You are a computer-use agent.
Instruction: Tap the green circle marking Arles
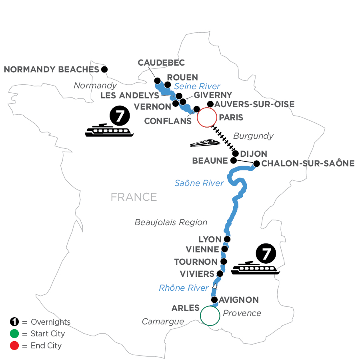pos(210,316)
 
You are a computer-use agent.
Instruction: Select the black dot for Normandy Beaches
pos(104,69)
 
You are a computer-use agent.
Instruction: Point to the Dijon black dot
pos(236,154)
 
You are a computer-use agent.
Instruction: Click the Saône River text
pos(199,183)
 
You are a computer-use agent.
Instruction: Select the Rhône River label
pos(184,288)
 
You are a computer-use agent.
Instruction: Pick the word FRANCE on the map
pos(134,197)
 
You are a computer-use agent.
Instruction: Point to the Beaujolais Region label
pos(171,222)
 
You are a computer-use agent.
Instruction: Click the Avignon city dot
pos(214,300)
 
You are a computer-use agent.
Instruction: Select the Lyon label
pos(210,240)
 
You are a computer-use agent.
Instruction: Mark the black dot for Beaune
pos(233,160)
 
